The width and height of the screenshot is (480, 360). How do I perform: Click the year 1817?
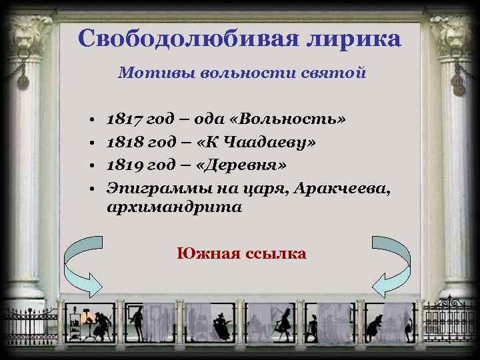123,121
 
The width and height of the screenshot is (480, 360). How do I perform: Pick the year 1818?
123,143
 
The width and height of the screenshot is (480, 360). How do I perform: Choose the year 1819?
123,164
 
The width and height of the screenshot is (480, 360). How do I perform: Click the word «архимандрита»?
174,207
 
